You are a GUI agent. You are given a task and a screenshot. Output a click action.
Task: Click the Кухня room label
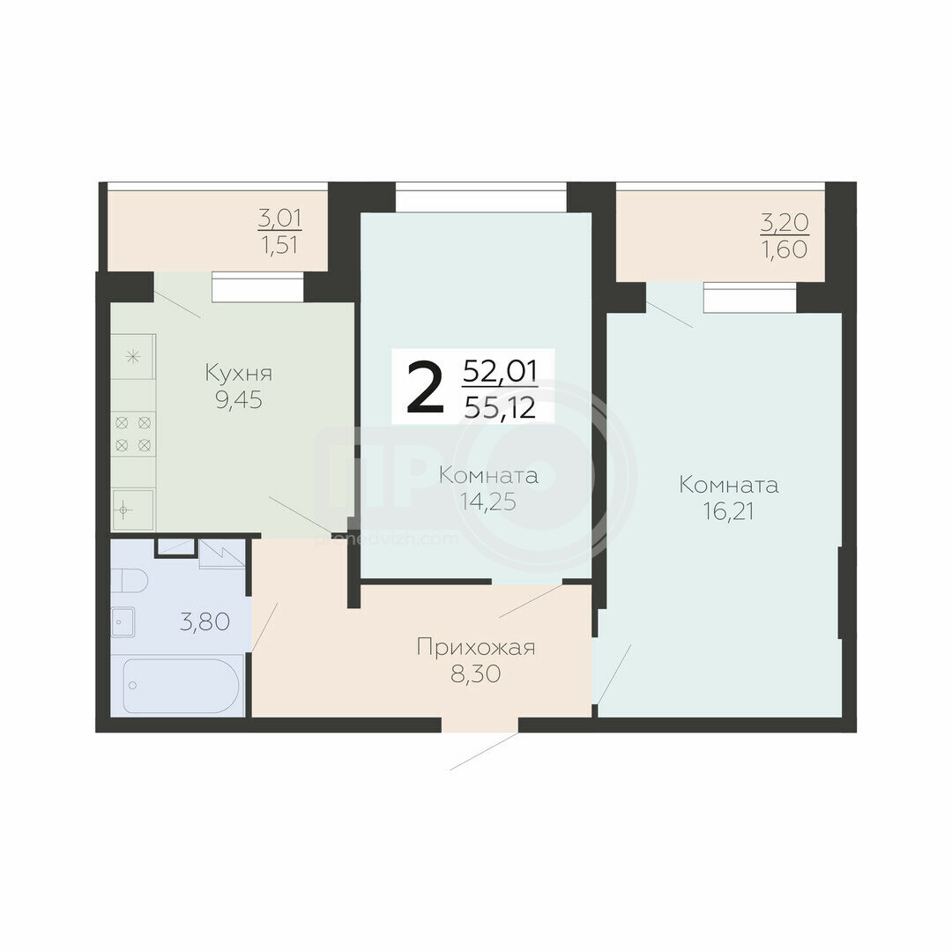click(239, 373)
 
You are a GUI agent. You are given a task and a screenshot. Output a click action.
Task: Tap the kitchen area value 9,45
click(239, 400)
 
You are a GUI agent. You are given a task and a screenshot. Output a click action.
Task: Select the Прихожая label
click(475, 647)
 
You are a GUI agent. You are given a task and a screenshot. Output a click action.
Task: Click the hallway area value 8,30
click(475, 674)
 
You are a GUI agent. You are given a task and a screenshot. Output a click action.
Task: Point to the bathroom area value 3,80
click(205, 621)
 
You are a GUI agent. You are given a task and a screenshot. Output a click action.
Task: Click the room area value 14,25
click(487, 502)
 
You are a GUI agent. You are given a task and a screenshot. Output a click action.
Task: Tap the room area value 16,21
click(728, 511)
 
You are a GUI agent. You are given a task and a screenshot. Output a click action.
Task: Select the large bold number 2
click(424, 386)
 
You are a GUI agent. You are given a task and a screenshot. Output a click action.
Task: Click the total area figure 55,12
click(500, 406)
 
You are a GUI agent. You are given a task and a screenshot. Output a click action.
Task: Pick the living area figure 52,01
click(500, 371)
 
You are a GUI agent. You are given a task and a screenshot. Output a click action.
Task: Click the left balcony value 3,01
click(280, 218)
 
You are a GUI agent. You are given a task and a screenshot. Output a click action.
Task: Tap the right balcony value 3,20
click(785, 223)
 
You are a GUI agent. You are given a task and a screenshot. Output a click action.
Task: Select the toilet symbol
click(130, 580)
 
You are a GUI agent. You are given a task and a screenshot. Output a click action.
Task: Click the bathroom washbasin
click(123, 621)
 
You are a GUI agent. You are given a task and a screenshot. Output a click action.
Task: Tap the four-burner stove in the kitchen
click(134, 434)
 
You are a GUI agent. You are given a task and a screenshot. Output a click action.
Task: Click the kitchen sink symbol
click(132, 509)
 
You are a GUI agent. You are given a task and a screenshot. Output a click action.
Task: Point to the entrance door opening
click(480, 725)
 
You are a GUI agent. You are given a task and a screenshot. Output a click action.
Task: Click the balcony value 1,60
click(785, 249)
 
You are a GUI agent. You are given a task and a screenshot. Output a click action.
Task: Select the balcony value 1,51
click(280, 245)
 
